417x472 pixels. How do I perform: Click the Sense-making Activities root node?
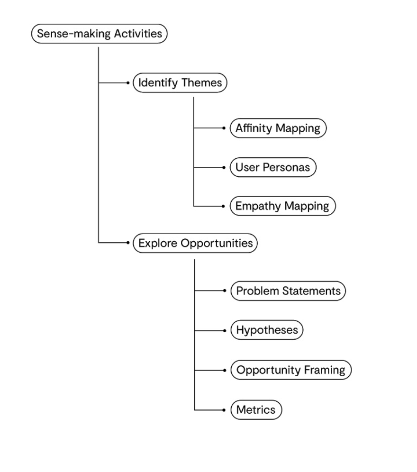click(x=100, y=34)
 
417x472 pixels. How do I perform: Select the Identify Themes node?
click(x=180, y=83)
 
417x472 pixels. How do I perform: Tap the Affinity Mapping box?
click(x=278, y=128)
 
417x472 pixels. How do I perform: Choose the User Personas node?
click(x=273, y=167)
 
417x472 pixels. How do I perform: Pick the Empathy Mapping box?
click(x=283, y=206)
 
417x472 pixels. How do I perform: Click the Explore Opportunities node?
click(x=195, y=243)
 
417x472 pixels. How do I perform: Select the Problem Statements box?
click(x=288, y=291)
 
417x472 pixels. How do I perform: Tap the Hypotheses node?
click(x=267, y=330)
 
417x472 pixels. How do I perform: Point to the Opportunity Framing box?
click(x=291, y=370)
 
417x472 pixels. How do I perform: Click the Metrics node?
click(x=256, y=410)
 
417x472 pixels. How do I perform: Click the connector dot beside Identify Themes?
click(x=128, y=83)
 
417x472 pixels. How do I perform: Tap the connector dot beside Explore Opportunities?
click(x=128, y=243)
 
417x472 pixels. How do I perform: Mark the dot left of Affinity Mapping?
click(x=224, y=128)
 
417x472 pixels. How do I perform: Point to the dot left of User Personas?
click(x=224, y=167)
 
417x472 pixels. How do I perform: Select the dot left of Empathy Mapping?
click(x=223, y=206)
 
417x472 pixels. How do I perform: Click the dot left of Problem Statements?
click(x=224, y=290)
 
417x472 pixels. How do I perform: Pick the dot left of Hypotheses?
click(x=224, y=330)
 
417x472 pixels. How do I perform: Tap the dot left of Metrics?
click(x=224, y=410)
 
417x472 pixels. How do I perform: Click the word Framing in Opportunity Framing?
click(x=325, y=371)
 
